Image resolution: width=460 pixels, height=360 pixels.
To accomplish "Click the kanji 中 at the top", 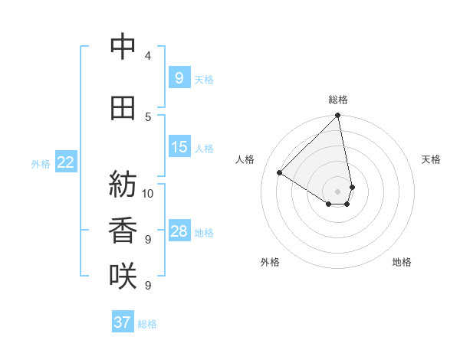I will pyautogui.click(x=123, y=47).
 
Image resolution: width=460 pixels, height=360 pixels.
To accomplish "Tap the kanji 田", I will pyautogui.click(x=123, y=108).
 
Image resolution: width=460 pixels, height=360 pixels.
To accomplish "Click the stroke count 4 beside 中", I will pyautogui.click(x=147, y=56).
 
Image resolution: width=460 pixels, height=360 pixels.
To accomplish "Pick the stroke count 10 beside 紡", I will pyautogui.click(x=148, y=193).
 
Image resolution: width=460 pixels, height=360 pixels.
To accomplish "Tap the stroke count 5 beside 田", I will pyautogui.click(x=147, y=117).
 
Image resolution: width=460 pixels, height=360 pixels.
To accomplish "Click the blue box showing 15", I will pyautogui.click(x=179, y=147).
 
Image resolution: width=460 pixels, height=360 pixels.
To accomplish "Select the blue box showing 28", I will pyautogui.click(x=179, y=231).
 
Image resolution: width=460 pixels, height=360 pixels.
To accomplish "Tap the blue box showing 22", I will pyautogui.click(x=66, y=162).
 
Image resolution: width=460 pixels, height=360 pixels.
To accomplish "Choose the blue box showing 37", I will pyautogui.click(x=123, y=322).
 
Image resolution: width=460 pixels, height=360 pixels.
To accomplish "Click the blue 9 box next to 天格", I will pyautogui.click(x=179, y=77).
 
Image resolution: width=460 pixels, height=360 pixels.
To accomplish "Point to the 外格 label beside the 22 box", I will pyautogui.click(x=41, y=163).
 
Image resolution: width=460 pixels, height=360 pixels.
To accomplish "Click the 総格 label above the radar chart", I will pyautogui.click(x=338, y=100).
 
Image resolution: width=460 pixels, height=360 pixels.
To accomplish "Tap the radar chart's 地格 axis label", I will pyautogui.click(x=402, y=262).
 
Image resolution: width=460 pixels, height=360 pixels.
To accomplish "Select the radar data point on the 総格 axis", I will pyautogui.click(x=338, y=116).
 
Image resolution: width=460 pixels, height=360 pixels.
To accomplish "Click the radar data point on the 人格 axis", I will pyautogui.click(x=280, y=173).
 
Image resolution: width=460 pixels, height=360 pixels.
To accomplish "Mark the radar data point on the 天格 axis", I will pyautogui.click(x=352, y=187).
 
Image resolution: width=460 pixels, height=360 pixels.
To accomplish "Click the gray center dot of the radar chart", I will pyautogui.click(x=338, y=191).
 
